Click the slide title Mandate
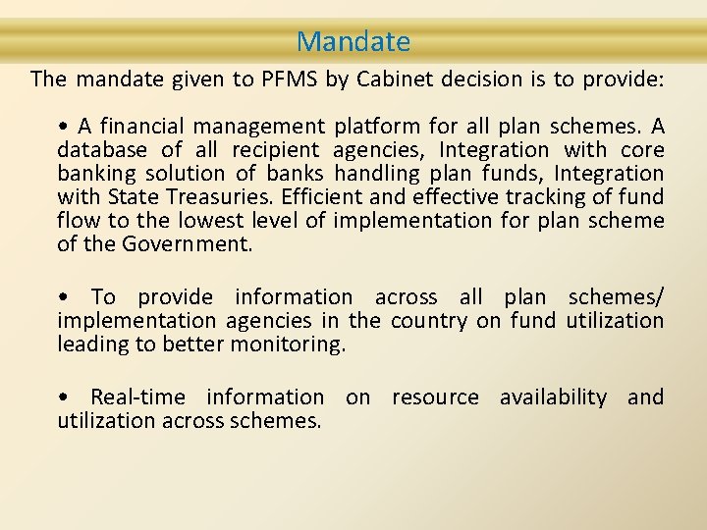pos(353,42)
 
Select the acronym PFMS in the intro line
pos(290,79)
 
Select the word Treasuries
pos(204,197)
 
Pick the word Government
pos(188,244)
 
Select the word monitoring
pos(288,344)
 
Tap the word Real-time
pos(136,397)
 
